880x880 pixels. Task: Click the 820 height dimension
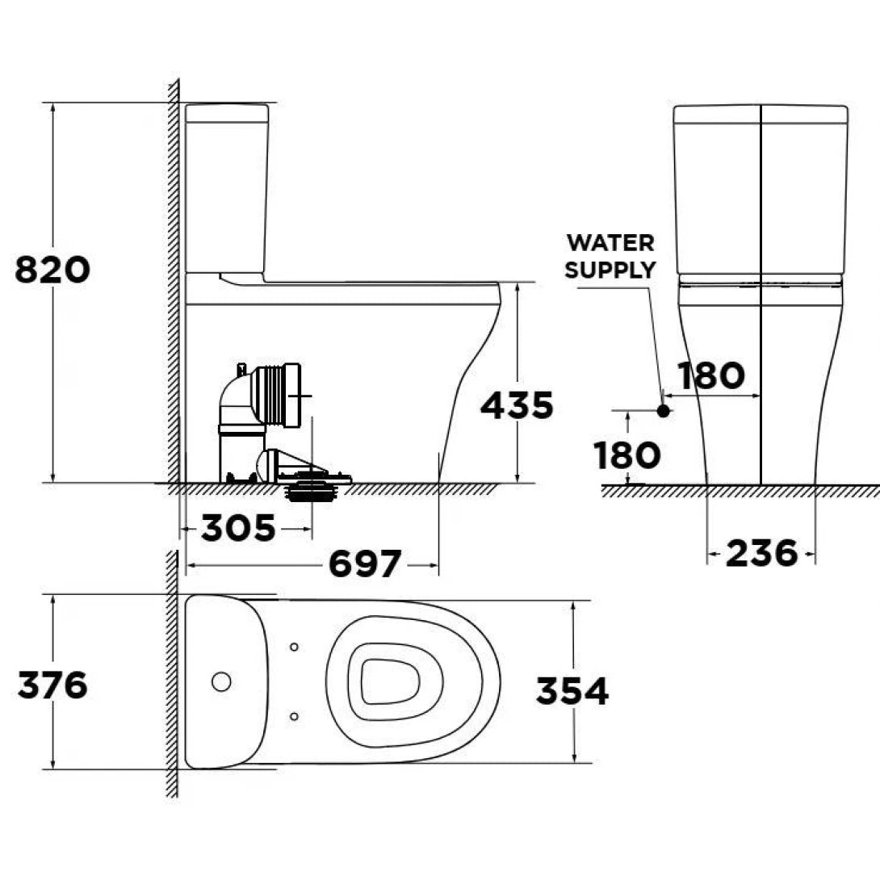pyautogui.click(x=52, y=270)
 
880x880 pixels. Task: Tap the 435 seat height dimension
pyautogui.click(x=517, y=405)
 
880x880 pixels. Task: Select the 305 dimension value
pyautogui.click(x=238, y=529)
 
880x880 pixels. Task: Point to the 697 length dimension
pyautogui.click(x=364, y=564)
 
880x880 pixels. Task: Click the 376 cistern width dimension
pyautogui.click(x=52, y=686)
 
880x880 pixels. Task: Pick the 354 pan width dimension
pyautogui.click(x=572, y=691)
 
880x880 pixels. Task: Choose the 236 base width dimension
pyautogui.click(x=761, y=554)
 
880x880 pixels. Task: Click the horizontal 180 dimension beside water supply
pyautogui.click(x=710, y=376)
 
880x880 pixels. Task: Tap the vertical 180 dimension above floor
pyautogui.click(x=627, y=456)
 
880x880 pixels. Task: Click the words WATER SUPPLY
pyautogui.click(x=610, y=256)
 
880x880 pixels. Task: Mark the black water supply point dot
pyautogui.click(x=664, y=410)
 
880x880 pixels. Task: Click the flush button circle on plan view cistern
pyautogui.click(x=221, y=681)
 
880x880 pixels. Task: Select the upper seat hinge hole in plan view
pyautogui.click(x=294, y=647)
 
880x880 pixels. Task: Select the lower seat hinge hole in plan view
pyautogui.click(x=294, y=715)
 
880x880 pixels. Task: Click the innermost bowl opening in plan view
pyautogui.click(x=391, y=682)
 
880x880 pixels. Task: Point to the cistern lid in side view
pyautogui.click(x=227, y=113)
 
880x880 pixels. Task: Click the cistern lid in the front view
pyautogui.click(x=761, y=114)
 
